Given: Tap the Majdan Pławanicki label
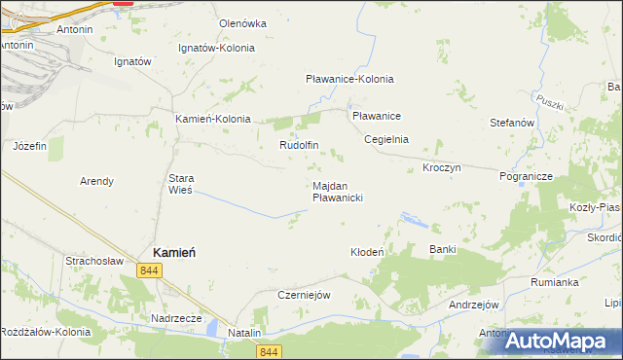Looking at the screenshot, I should coord(338,191).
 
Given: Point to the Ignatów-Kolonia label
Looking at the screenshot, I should coord(216,48).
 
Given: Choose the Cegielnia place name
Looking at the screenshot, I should coord(386,139).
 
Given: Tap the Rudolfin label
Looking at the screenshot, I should coord(299,145).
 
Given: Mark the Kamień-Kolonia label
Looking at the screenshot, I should coord(212,119).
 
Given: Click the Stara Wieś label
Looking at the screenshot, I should coord(182,184).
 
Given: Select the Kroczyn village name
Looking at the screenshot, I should coord(441,167).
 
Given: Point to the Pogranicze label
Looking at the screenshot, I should coord(526,177).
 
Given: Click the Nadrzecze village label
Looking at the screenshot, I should coord(176,317).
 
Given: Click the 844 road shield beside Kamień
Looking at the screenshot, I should coord(149,271).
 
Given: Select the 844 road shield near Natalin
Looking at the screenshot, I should coord(271,351).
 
